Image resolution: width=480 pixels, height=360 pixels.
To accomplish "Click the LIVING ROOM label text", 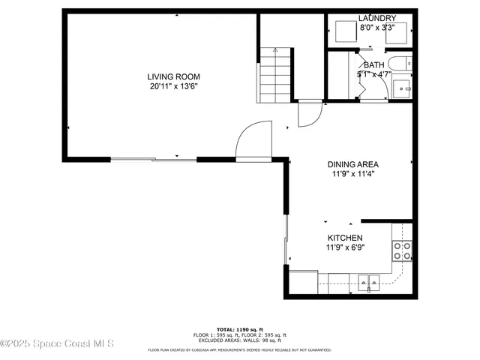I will (173, 76).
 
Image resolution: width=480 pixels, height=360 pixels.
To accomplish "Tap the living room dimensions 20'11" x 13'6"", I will (173, 86).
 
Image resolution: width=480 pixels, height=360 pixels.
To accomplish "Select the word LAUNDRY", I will (376, 18).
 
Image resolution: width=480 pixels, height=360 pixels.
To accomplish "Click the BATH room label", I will (373, 65).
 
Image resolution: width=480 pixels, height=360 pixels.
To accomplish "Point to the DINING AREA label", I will (352, 164).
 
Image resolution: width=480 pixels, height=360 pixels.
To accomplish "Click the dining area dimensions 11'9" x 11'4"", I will (352, 174).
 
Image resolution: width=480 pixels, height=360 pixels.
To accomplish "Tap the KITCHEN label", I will (344, 238).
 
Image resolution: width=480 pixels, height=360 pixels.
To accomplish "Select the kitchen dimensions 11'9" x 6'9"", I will (344, 247).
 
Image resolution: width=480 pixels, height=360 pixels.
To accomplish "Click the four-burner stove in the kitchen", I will (402, 250).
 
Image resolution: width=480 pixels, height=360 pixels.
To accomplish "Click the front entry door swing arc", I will (252, 139).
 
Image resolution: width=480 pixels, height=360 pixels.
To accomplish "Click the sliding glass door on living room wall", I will (154, 159).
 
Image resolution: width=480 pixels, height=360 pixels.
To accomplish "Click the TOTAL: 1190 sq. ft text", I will (239, 329).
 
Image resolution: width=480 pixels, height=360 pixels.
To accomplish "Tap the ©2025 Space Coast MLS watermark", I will (57, 344).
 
